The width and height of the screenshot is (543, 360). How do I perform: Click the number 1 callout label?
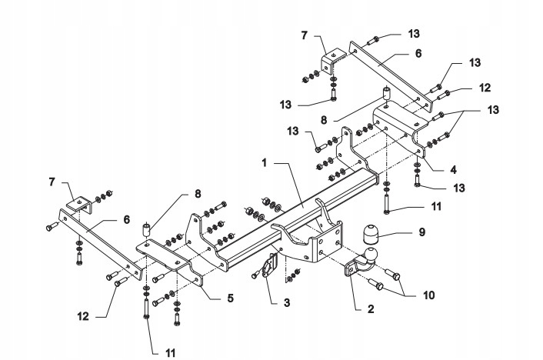tap(265, 163)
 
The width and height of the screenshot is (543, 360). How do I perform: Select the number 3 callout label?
tap(286, 303)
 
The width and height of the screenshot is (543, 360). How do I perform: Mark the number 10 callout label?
tap(428, 293)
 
